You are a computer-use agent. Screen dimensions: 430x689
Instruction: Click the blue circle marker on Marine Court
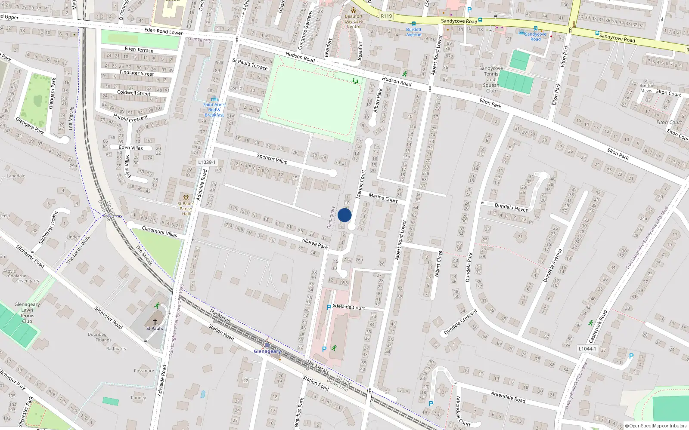[x=344, y=215]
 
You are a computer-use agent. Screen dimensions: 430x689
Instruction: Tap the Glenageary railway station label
[x=267, y=351]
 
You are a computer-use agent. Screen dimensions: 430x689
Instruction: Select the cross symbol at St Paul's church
[x=155, y=321]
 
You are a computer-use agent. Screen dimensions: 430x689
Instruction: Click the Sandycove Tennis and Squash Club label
[x=491, y=80]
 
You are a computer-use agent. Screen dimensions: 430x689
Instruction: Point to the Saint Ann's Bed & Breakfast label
[x=214, y=110]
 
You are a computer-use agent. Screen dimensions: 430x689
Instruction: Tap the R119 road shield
[x=386, y=16]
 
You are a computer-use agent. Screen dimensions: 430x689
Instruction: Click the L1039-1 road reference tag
[x=207, y=162]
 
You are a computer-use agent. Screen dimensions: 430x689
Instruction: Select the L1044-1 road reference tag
[x=587, y=349]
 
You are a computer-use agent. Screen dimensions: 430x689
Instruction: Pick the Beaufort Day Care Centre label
[x=354, y=21]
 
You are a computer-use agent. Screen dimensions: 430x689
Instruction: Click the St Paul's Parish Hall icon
[x=186, y=197]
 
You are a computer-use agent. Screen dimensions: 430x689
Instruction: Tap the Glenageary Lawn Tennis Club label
[x=27, y=313]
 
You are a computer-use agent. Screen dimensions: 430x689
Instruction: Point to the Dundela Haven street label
[x=511, y=207]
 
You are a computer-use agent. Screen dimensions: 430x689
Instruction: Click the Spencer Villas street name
[x=272, y=158]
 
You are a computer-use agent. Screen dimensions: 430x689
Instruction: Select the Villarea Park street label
[x=314, y=244]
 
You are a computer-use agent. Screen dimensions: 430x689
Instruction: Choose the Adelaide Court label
[x=349, y=307]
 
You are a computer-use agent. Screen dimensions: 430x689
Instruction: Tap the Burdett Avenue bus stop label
[x=414, y=32]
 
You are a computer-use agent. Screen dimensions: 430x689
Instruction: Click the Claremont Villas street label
[x=159, y=232]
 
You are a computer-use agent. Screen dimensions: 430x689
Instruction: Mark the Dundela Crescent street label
[x=460, y=322]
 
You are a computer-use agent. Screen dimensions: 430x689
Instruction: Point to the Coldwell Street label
[x=134, y=93]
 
